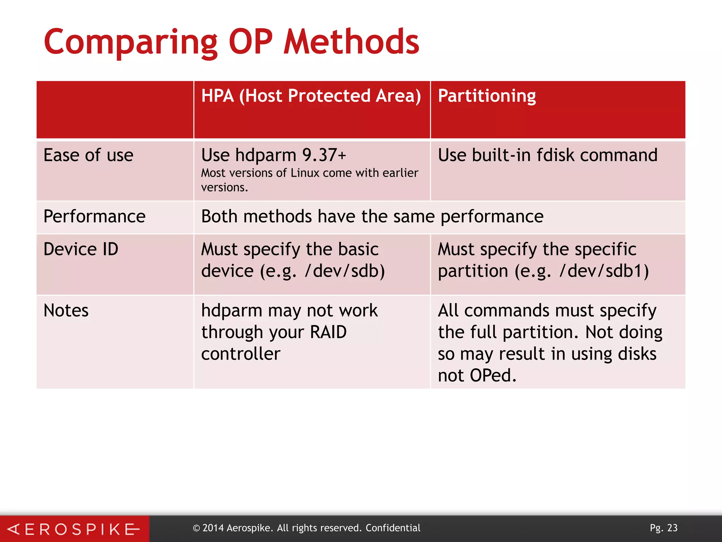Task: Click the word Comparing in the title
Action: pyautogui.click(x=131, y=43)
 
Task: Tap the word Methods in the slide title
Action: pyautogui.click(x=351, y=42)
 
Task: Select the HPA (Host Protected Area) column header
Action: pyautogui.click(x=311, y=96)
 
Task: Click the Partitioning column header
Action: pyautogui.click(x=487, y=96)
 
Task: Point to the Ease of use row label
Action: pyautogui.click(x=88, y=155)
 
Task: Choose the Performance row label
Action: pyautogui.click(x=94, y=216)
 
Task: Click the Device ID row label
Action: pyautogui.click(x=81, y=249)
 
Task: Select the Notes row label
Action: pyautogui.click(x=66, y=311)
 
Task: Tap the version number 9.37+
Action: pyautogui.click(x=324, y=155)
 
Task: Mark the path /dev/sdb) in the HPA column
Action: pyautogui.click(x=344, y=271)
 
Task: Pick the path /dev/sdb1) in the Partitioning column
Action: pyautogui.click(x=604, y=271)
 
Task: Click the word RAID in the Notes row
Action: pyautogui.click(x=328, y=332)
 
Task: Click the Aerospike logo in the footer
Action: pyautogui.click(x=74, y=529)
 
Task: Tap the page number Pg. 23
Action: pyautogui.click(x=663, y=528)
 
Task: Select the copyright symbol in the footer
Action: pyautogui.click(x=196, y=528)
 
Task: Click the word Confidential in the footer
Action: pyautogui.click(x=393, y=528)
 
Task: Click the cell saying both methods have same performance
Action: pyautogui.click(x=372, y=216)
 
